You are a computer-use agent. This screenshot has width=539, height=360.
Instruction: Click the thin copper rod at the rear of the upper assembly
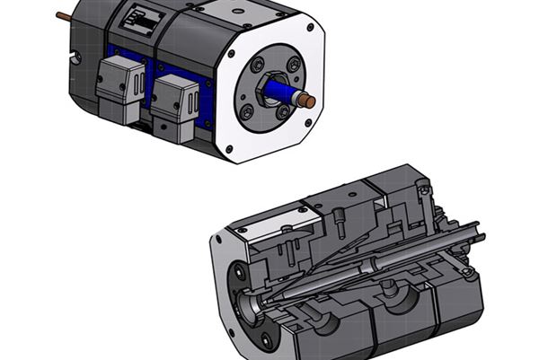[64, 15]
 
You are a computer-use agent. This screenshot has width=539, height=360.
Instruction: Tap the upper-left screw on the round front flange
[258, 66]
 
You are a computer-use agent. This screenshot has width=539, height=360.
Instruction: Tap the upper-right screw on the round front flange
[294, 65]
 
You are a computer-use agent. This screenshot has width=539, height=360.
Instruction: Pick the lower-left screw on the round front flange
[248, 112]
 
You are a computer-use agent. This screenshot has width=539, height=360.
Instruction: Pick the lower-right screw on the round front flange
[284, 113]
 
